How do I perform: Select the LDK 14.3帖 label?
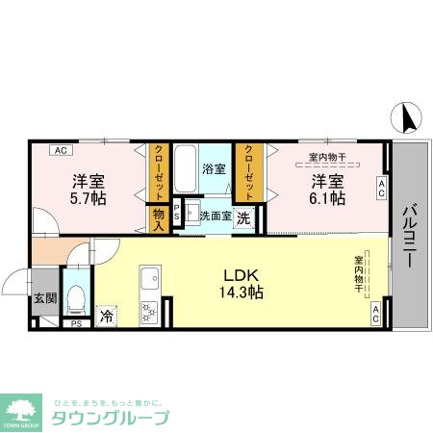pos(241,281)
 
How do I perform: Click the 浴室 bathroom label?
pos(214,168)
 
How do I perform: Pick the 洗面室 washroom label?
pos(215,216)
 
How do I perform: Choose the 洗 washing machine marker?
pos(244,217)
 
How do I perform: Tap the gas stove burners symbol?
pos(150,312)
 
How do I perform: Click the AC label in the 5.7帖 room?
pos(60,150)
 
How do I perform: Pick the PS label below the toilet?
pos(75,324)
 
